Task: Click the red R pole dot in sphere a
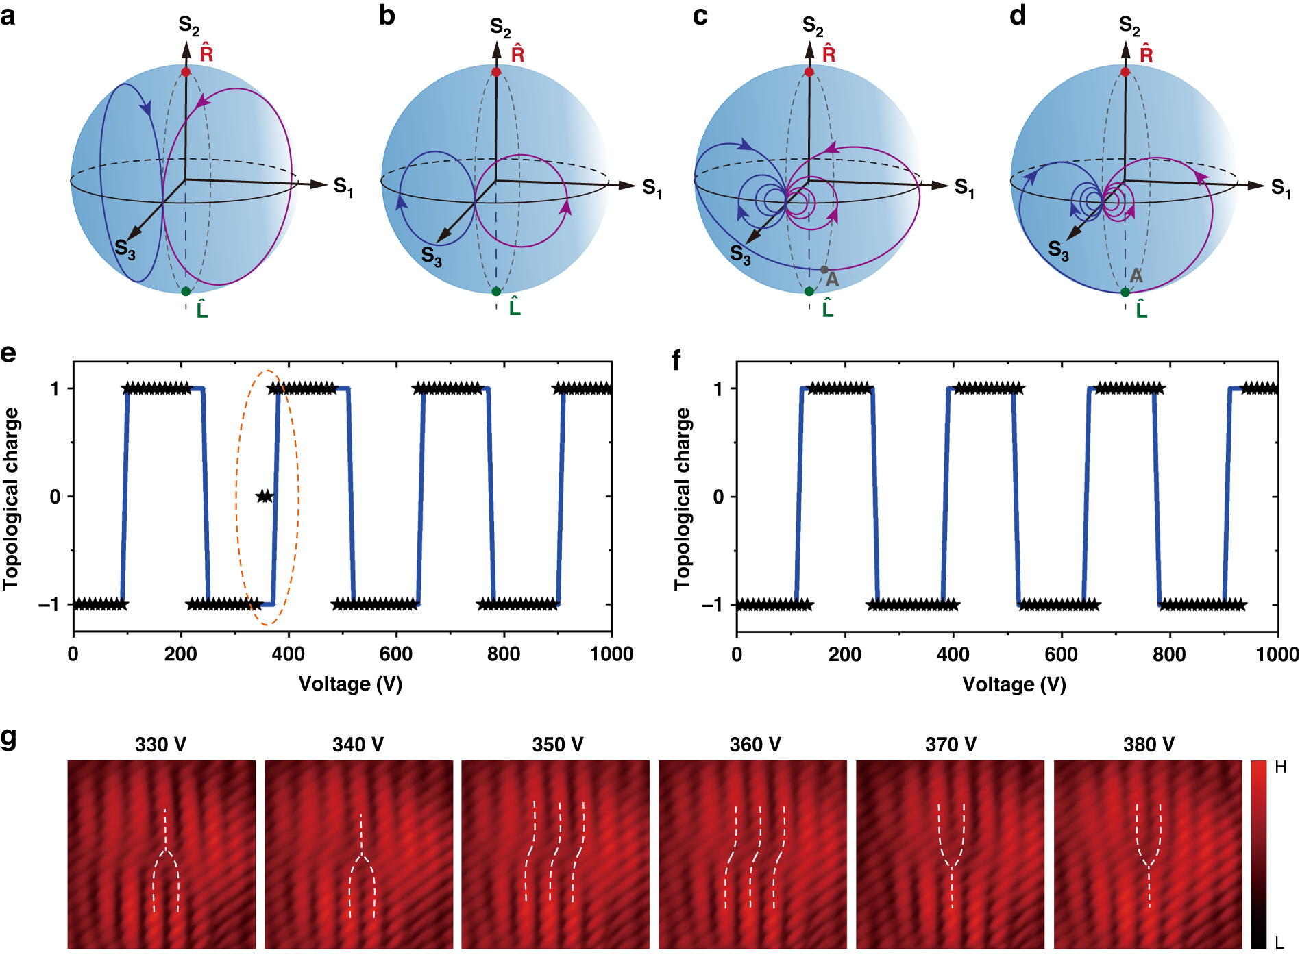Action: pyautogui.click(x=186, y=72)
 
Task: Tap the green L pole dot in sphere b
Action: pyautogui.click(x=496, y=291)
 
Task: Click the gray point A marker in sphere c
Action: pyautogui.click(x=824, y=270)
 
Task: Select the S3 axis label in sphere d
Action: pyautogui.click(x=1059, y=251)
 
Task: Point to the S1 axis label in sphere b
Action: pyautogui.click(x=652, y=188)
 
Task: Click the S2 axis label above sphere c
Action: pyautogui.click(x=813, y=27)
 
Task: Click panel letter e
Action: pyautogui.click(x=8, y=354)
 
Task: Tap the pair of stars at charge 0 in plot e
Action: pyautogui.click(x=265, y=496)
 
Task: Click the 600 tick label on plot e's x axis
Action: pyautogui.click(x=395, y=654)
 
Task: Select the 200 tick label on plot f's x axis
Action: pyautogui.click(x=844, y=654)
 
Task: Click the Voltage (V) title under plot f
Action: pyautogui.click(x=1014, y=684)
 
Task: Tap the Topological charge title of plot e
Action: pyautogui.click(x=11, y=498)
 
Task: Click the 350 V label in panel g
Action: pyautogui.click(x=557, y=745)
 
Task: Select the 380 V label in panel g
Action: pyautogui.click(x=1149, y=745)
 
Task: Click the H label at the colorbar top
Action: pyautogui.click(x=1280, y=767)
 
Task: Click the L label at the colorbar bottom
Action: pyautogui.click(x=1279, y=943)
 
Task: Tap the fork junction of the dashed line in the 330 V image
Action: pyautogui.click(x=165, y=851)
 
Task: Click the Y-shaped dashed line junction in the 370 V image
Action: pyautogui.click(x=951, y=867)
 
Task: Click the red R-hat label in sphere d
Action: pyautogui.click(x=1146, y=53)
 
